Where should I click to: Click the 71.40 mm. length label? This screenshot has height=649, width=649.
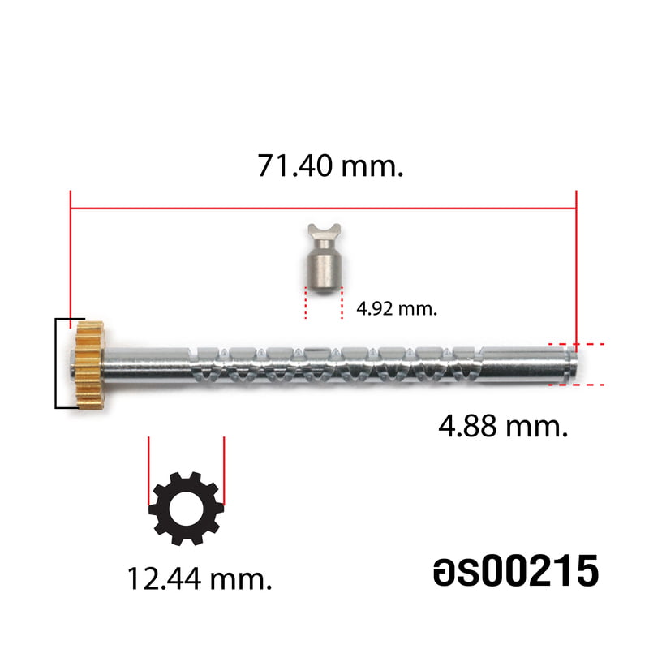coord(330,165)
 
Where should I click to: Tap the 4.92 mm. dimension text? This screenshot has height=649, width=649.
coord(397,309)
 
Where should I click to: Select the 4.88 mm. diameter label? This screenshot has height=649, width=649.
coord(503,427)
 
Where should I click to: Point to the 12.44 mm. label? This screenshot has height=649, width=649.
coord(200,578)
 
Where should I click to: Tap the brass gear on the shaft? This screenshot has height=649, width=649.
coord(89,363)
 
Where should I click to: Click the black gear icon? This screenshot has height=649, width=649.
coord(187,509)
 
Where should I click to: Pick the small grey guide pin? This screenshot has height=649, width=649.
coord(324,258)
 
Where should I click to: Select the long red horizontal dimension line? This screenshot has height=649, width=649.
coord(323,208)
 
